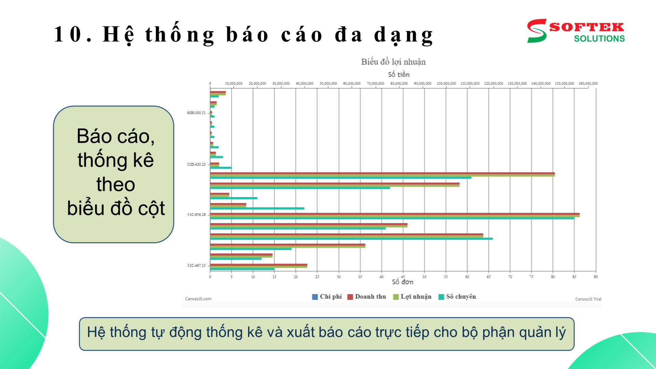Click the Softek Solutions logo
click(x=576, y=31)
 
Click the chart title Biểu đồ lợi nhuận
click(x=393, y=62)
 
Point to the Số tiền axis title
click(x=398, y=74)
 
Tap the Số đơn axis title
click(x=402, y=282)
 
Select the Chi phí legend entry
click(x=327, y=297)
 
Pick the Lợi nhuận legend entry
click(x=412, y=297)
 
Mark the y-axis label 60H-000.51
click(x=196, y=113)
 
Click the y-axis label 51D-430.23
click(x=196, y=164)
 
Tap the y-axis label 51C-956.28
click(x=196, y=215)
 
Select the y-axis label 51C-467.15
click(x=196, y=265)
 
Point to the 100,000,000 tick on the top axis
click(x=446, y=83)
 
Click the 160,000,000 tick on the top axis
click(x=588, y=83)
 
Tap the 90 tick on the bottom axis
click(x=596, y=277)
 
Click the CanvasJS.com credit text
click(x=198, y=299)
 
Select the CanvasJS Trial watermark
click(x=588, y=299)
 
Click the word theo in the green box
click(x=115, y=184)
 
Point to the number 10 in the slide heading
click(x=68, y=34)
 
